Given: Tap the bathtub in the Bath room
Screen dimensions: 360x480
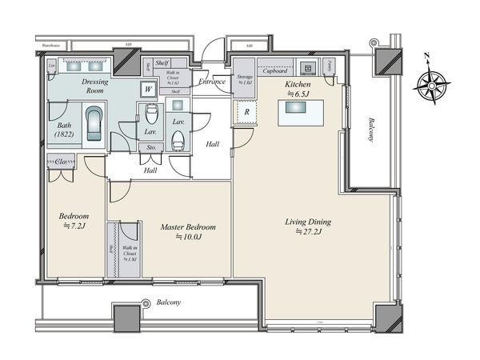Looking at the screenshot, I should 94,126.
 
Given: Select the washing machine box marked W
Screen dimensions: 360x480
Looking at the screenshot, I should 148,89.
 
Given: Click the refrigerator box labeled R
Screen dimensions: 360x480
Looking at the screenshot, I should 246,113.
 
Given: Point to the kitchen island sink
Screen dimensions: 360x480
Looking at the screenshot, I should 300,114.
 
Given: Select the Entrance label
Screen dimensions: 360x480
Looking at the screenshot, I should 212,82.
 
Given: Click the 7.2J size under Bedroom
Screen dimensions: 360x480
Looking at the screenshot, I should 74,227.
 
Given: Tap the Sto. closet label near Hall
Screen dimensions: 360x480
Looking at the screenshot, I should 150,147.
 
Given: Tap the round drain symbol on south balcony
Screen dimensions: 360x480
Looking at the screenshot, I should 146,303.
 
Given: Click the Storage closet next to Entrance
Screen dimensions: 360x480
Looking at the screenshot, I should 244,79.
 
